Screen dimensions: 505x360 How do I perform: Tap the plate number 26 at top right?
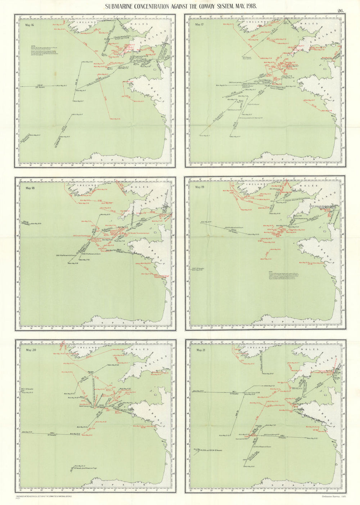[340, 11]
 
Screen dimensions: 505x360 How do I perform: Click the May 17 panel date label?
[198, 24]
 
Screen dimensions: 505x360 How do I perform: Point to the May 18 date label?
[30, 187]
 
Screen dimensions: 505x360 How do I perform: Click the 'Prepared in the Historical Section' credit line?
[43, 496]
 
